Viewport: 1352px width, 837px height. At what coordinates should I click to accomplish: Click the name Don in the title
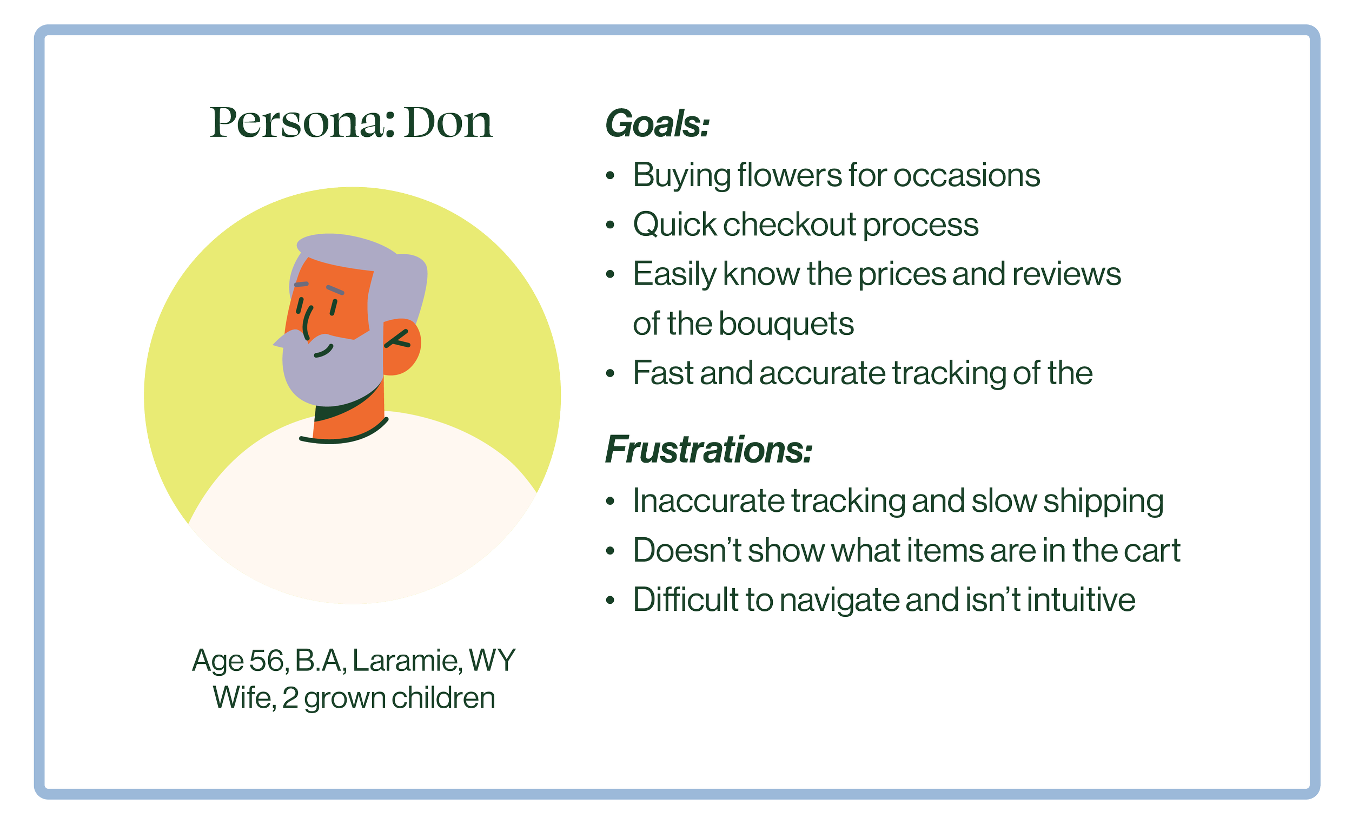(448, 122)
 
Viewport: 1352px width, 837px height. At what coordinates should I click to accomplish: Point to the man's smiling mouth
(323, 351)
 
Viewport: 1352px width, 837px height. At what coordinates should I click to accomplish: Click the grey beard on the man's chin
(332, 377)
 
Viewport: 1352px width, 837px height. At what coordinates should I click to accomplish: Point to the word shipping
(1103, 502)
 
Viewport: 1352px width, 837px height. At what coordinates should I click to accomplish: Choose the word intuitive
(1081, 600)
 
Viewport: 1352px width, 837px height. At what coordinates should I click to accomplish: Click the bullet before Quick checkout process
(610, 225)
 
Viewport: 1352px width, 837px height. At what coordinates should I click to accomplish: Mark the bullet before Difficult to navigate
(610, 601)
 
